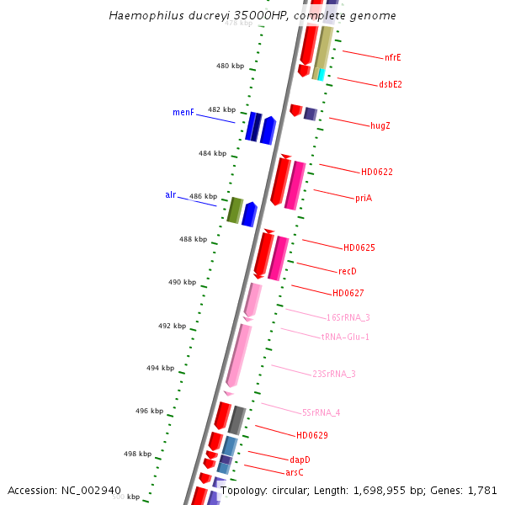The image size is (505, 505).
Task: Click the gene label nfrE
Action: tap(393, 58)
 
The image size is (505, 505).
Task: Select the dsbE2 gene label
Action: tap(391, 84)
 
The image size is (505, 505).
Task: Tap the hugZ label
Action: tap(380, 125)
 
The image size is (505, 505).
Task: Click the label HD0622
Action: tap(377, 172)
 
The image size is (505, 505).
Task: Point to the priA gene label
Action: tap(364, 198)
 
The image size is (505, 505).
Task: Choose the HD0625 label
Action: tap(359, 247)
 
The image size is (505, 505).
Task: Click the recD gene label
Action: tap(348, 271)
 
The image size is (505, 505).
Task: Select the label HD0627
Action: tap(348, 293)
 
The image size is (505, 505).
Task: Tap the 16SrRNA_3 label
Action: tap(348, 317)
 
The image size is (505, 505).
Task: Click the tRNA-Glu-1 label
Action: tap(345, 337)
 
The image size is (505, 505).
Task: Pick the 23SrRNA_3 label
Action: tap(334, 374)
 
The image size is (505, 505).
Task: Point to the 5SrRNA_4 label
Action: tap(321, 412)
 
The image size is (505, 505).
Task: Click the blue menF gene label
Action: tap(183, 112)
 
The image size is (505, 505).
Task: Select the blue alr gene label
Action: tap(171, 195)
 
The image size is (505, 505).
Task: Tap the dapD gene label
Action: tap(300, 460)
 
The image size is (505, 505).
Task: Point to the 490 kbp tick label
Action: tap(182, 282)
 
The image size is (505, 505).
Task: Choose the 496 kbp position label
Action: tap(149, 411)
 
